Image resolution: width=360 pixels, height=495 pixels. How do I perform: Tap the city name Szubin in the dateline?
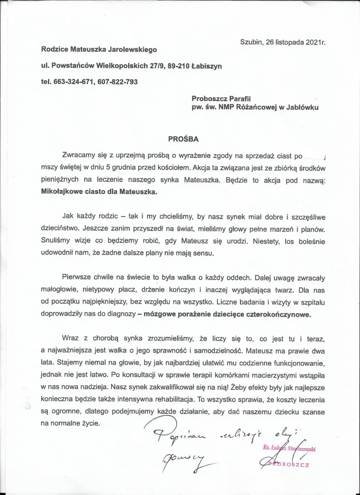(x=251, y=42)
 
